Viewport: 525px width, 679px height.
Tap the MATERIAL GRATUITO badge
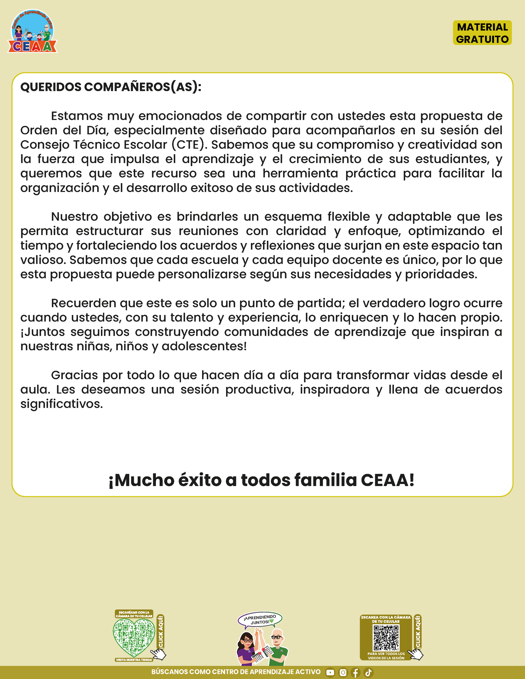pyautogui.click(x=482, y=33)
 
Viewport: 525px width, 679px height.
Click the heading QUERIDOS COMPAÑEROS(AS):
pyautogui.click(x=111, y=87)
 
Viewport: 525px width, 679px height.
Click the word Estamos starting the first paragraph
pyautogui.click(x=77, y=116)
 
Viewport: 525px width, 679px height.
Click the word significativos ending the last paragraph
pyautogui.click(x=61, y=404)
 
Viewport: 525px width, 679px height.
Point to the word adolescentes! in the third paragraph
pyautogui.click(x=204, y=346)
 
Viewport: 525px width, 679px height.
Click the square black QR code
pyautogui.click(x=386, y=638)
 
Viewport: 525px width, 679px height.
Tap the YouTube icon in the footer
pyautogui.click(x=330, y=673)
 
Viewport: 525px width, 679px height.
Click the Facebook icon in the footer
pyautogui.click(x=356, y=673)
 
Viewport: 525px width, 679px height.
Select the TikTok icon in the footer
pyautogui.click(x=368, y=673)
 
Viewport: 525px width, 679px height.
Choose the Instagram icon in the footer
pyautogui.click(x=343, y=673)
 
